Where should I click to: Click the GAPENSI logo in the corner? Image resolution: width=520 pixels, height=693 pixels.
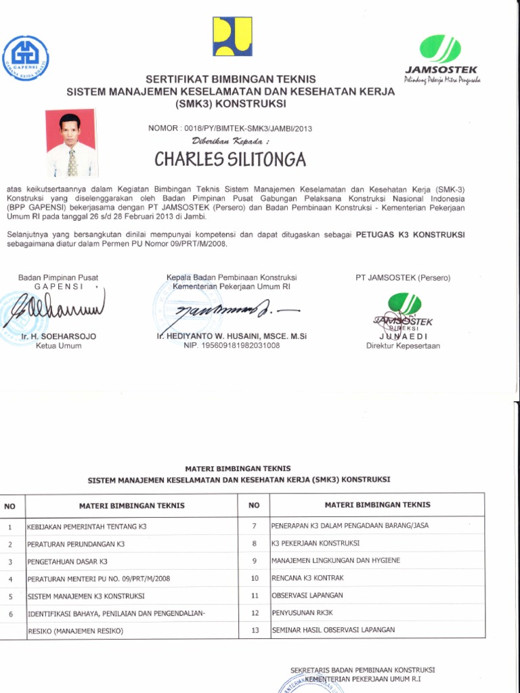pyautogui.click(x=25, y=58)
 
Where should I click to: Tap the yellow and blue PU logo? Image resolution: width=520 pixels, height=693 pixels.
pyautogui.click(x=232, y=36)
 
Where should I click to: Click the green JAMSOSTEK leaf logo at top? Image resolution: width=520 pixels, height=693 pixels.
pyautogui.click(x=440, y=49)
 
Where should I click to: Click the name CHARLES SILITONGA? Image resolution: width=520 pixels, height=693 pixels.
pyautogui.click(x=230, y=159)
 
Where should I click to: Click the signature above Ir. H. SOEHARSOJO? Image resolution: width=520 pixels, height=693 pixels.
pyautogui.click(x=58, y=312)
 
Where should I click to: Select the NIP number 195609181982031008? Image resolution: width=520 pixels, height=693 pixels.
pyautogui.click(x=232, y=345)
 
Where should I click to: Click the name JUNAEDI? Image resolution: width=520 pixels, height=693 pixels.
pyautogui.click(x=403, y=336)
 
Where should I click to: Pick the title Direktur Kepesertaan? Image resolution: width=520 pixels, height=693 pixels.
pyautogui.click(x=403, y=346)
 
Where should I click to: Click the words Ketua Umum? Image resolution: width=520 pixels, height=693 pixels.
pyautogui.click(x=58, y=346)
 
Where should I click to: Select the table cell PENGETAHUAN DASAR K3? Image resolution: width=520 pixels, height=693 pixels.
pyautogui.click(x=67, y=562)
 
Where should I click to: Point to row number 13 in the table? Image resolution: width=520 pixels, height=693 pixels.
pyautogui.click(x=255, y=630)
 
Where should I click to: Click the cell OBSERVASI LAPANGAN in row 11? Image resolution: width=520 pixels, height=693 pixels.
pyautogui.click(x=307, y=596)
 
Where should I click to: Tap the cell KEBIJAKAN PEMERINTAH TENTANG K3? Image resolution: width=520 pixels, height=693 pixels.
pyautogui.click(x=86, y=527)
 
